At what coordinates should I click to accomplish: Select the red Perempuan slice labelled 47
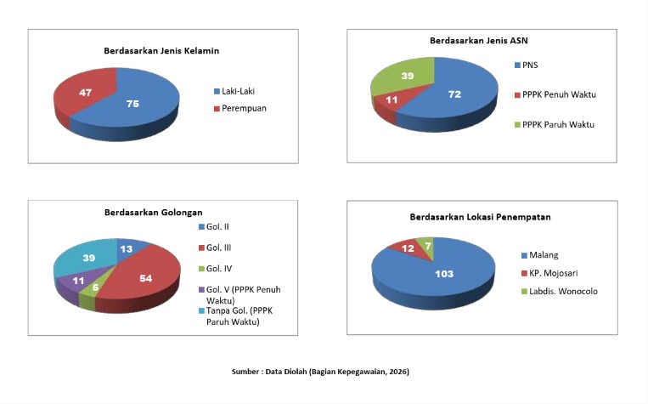point(86,93)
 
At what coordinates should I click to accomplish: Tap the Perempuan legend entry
point(240,109)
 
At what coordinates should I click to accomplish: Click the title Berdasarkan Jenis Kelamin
point(161,51)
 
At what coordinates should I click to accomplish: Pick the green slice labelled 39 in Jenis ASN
point(403,77)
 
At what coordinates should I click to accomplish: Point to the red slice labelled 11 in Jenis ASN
point(392,101)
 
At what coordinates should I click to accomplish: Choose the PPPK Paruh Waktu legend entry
point(555,124)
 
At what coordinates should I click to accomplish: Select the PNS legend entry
point(527,65)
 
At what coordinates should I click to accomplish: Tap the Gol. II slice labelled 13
point(128,248)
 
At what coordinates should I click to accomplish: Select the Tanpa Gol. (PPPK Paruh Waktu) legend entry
point(235,316)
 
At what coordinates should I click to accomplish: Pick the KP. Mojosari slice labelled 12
point(408,248)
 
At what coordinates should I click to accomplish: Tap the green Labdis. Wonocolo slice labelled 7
point(427,246)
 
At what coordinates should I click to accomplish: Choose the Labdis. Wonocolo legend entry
point(560,292)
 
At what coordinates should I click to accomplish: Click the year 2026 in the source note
point(398,372)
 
